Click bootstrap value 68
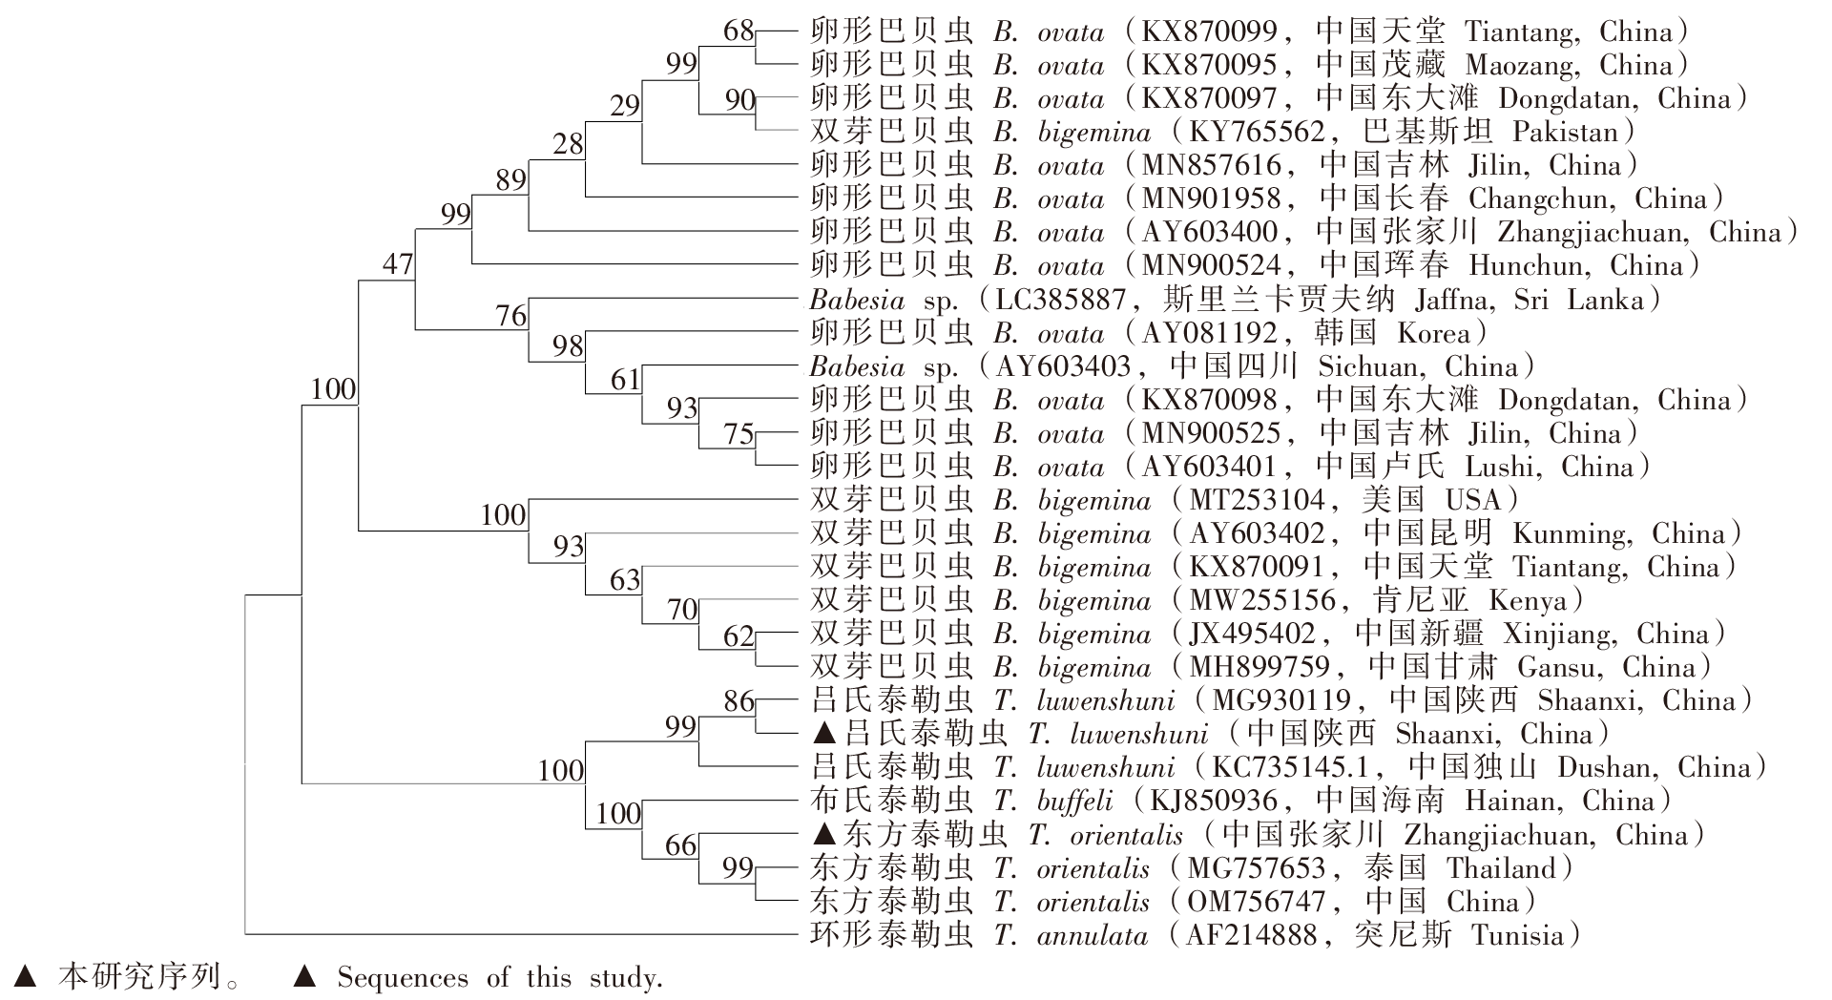[x=739, y=31]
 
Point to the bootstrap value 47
[x=398, y=263]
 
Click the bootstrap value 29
[x=625, y=105]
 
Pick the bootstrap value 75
[x=739, y=434]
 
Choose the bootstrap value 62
[x=739, y=635]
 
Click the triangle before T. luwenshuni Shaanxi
[x=825, y=734]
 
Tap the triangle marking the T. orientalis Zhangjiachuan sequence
[x=825, y=835]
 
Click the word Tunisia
[x=1516, y=936]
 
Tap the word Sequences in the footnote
[x=402, y=978]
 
